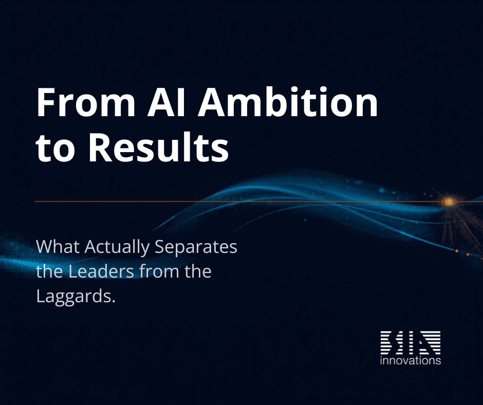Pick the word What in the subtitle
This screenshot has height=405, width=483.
[57, 247]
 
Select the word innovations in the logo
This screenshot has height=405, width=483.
[410, 361]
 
